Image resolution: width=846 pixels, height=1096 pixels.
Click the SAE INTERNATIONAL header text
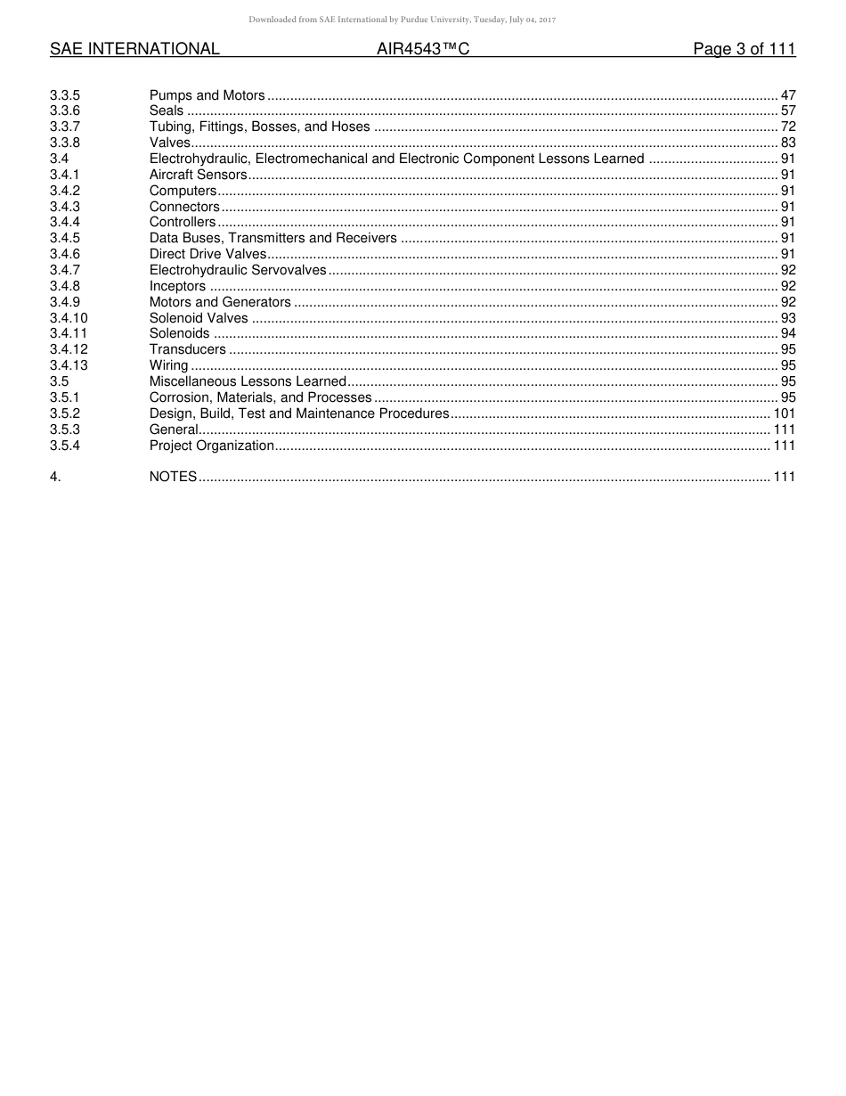[134, 50]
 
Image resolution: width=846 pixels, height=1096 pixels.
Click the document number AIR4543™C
[423, 50]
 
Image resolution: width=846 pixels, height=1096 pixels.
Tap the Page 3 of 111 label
[744, 50]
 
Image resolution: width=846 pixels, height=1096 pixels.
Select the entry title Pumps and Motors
[207, 95]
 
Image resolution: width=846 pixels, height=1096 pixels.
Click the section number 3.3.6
[65, 111]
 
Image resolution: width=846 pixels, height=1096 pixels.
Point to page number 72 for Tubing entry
[788, 127]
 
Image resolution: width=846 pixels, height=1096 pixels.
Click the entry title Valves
[169, 143]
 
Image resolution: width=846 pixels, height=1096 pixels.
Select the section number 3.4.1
[65, 175]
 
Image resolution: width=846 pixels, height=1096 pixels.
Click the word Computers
[183, 191]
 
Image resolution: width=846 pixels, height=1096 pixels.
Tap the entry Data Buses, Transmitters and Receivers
[273, 238]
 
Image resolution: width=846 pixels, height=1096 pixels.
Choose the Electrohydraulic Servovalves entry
[238, 270]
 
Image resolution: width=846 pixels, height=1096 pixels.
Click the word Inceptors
[177, 286]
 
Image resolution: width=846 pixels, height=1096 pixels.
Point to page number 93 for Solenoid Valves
[788, 318]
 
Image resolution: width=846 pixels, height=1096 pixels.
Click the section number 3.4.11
[69, 333]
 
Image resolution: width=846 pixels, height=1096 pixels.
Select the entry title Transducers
[187, 349]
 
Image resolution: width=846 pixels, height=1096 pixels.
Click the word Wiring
[168, 365]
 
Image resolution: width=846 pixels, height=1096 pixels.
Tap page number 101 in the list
[785, 413]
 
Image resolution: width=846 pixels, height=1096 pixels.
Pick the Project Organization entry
[211, 446]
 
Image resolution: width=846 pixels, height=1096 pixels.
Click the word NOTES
[173, 477]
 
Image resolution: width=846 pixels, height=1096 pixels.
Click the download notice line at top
[402, 20]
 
